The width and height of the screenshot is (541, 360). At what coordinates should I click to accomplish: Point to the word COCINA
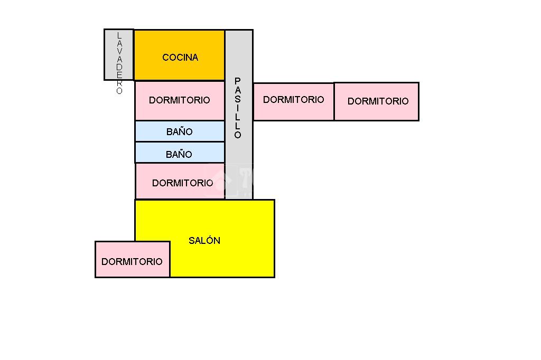(180, 58)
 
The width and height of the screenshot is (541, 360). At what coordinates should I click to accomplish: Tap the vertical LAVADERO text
(119, 63)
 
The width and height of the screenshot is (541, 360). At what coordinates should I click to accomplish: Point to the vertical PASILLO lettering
(238, 108)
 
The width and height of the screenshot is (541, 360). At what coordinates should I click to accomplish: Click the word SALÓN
(204, 241)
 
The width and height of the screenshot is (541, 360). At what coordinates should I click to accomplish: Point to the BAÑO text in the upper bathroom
(180, 132)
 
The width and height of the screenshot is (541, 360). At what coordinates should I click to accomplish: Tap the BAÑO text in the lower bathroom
(179, 155)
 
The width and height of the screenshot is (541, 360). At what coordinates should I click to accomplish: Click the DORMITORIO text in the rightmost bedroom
(378, 101)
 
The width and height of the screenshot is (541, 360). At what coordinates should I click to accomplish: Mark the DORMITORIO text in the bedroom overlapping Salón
(132, 262)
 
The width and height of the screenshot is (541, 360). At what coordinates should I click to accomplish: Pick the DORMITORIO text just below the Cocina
(180, 100)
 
